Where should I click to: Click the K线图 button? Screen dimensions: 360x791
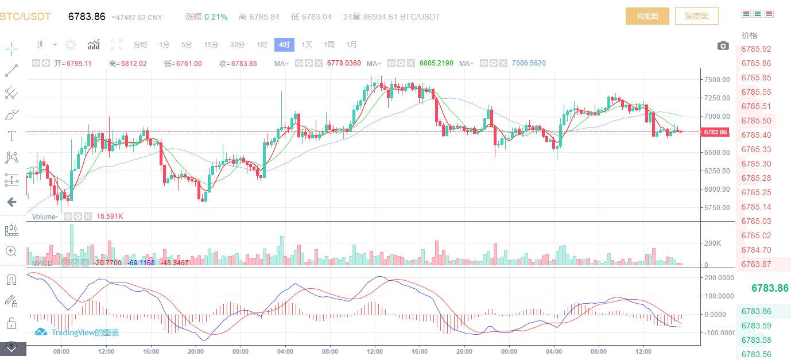[x=647, y=16]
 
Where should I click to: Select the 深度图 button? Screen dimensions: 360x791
[x=696, y=16]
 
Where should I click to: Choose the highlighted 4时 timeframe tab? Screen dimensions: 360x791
[x=284, y=45]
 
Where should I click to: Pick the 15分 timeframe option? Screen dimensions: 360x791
[x=211, y=45]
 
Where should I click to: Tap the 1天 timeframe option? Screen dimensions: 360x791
[x=307, y=45]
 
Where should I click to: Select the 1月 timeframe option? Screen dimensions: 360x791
[x=351, y=45]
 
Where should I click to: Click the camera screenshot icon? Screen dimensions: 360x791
[x=723, y=45]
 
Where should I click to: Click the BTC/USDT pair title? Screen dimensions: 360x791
[x=25, y=17]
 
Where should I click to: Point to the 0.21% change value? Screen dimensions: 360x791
[x=216, y=17]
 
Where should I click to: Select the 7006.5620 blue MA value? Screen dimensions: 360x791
[x=529, y=63]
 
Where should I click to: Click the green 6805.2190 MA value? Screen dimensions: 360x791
[x=436, y=63]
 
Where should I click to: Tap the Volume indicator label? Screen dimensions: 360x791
[x=44, y=217]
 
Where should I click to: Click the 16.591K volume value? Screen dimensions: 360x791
[x=110, y=216]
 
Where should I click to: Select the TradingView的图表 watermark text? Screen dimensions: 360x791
[x=85, y=332]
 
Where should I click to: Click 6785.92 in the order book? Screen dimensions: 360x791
[x=756, y=49]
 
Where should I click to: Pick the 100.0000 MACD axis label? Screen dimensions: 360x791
[x=718, y=296]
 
